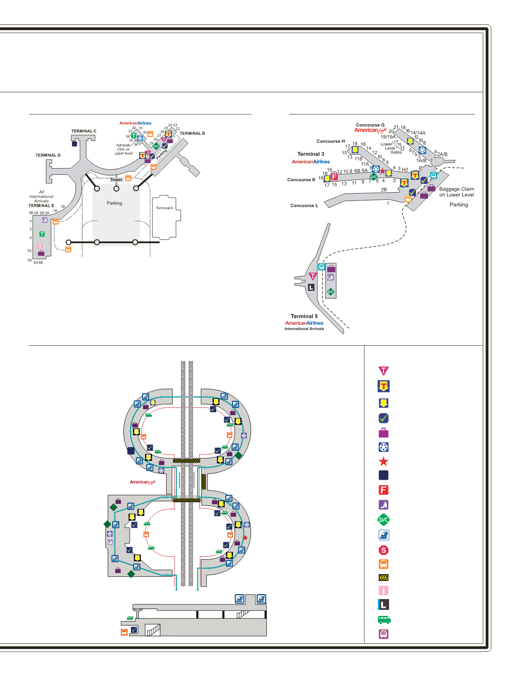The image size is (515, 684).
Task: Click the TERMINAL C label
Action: (x=84, y=131)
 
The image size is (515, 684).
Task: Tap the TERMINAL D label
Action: (x=48, y=155)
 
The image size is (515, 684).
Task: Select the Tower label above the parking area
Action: (x=116, y=180)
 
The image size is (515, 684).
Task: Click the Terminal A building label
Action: (x=164, y=208)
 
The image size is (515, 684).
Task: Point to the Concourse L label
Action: (x=304, y=205)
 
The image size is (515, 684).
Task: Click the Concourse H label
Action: (x=331, y=141)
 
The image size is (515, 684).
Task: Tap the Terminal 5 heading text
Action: (x=304, y=316)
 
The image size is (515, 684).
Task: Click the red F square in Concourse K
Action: (x=334, y=177)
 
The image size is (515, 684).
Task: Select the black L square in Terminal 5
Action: (x=312, y=287)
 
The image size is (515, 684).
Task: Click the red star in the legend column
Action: (x=384, y=462)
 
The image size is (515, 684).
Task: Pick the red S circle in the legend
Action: (x=384, y=550)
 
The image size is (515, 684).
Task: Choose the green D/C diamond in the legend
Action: (x=384, y=520)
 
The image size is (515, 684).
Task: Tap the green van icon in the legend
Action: (x=384, y=620)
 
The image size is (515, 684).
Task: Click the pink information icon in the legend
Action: (x=384, y=590)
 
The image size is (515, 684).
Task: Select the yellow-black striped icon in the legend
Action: (x=384, y=578)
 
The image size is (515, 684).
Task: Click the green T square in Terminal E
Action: (x=42, y=234)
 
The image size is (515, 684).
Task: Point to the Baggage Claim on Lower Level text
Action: (x=457, y=192)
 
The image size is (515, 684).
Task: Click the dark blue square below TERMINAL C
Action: (x=75, y=144)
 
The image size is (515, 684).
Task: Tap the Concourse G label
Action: (x=370, y=125)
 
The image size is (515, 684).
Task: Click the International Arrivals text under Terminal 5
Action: (x=304, y=329)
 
